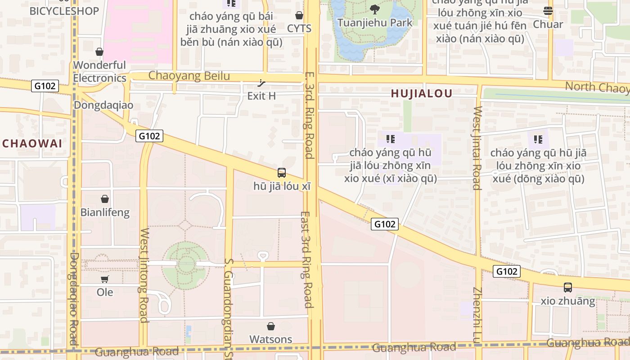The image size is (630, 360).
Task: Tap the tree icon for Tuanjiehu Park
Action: pos(374,9)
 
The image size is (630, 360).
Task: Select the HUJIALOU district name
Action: pos(421,94)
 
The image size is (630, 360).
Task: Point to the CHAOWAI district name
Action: pos(32,144)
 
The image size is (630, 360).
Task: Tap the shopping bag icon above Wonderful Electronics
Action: pos(99,52)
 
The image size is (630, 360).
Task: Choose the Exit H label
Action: pos(261,96)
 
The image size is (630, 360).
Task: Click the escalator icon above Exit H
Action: pos(261,83)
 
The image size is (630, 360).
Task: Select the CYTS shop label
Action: pos(299,28)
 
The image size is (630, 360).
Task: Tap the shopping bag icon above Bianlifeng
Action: pos(105,199)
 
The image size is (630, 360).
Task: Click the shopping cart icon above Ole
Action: pos(105,279)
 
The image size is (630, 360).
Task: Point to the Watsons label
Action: pos(271,339)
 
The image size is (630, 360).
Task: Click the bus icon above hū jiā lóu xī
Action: pos(282,172)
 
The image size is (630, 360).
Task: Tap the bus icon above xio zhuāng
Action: pos(568,287)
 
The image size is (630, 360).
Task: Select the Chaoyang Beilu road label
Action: pos(189,76)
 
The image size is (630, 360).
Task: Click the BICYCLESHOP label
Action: pos(64,11)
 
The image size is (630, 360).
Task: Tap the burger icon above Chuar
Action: pos(548,10)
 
